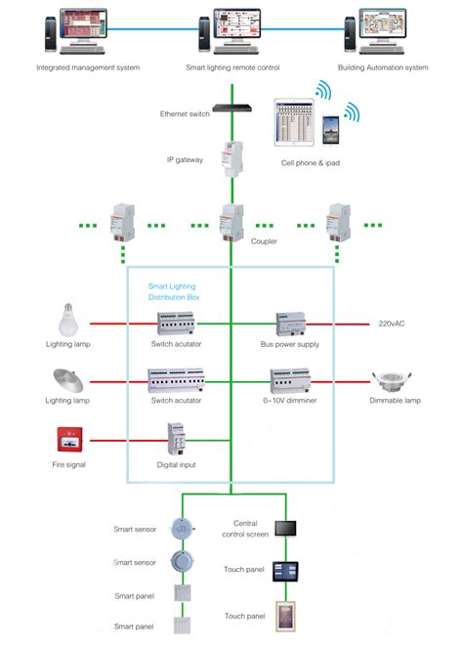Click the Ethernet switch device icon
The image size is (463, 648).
pyautogui.click(x=231, y=95)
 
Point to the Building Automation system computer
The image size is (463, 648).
pyautogui.click(x=376, y=33)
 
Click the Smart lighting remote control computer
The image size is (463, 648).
pyautogui.click(x=231, y=33)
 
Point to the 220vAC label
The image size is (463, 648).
pyautogui.click(x=391, y=323)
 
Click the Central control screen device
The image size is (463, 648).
pyautogui.click(x=285, y=528)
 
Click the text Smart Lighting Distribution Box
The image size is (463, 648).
pyautogui.click(x=172, y=290)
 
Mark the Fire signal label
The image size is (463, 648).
pyautogui.click(x=69, y=464)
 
